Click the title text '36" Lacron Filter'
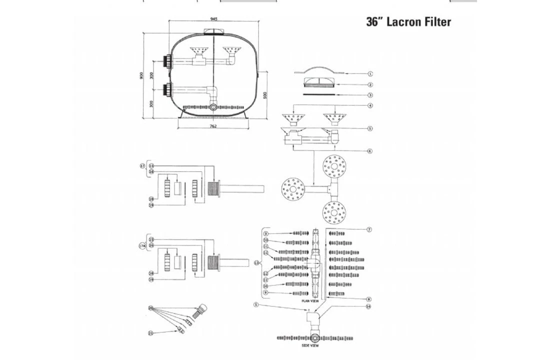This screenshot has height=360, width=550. point(408,22)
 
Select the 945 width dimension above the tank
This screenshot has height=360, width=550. point(214,19)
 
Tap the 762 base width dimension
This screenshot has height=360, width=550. point(213,126)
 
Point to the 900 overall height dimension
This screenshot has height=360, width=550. point(141,75)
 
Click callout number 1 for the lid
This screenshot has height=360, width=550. point(370,74)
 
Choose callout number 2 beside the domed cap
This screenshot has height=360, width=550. point(370,84)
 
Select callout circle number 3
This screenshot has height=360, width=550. point(370,95)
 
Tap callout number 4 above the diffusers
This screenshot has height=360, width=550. point(370,105)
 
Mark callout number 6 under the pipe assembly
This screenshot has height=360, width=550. point(370,151)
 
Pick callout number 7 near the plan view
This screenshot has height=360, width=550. point(369,229)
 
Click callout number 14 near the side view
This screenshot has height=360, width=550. point(369,306)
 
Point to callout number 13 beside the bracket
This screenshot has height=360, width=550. point(257,262)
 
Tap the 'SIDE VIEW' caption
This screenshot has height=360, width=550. point(310,345)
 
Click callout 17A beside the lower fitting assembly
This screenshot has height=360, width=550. point(142,245)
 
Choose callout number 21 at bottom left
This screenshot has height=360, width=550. point(150,332)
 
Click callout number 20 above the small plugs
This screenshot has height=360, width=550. point(150,308)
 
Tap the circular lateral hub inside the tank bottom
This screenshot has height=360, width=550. point(214,107)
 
